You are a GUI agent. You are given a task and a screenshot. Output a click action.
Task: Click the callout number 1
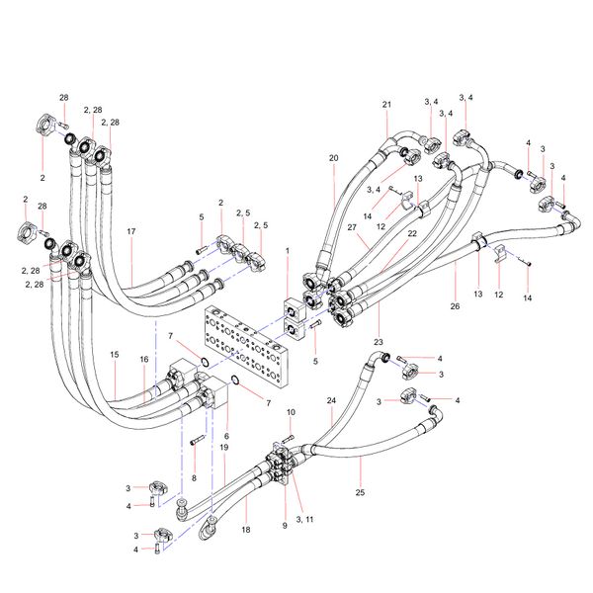287,252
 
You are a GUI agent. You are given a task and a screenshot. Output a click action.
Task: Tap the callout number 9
284,526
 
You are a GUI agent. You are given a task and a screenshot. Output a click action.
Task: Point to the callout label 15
115,354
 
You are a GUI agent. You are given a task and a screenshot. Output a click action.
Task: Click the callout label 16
143,360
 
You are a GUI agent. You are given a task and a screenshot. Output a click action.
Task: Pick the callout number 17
130,231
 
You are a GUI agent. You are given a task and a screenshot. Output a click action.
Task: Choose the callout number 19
224,448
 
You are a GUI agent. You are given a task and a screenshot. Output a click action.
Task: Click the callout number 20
333,158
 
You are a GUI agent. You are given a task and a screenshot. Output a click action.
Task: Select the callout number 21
386,104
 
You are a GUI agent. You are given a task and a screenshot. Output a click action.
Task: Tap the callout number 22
411,233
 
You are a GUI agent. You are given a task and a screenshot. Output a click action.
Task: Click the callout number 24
332,400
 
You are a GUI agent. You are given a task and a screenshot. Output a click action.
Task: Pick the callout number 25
360,491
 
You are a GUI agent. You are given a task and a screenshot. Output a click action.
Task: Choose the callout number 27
351,228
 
